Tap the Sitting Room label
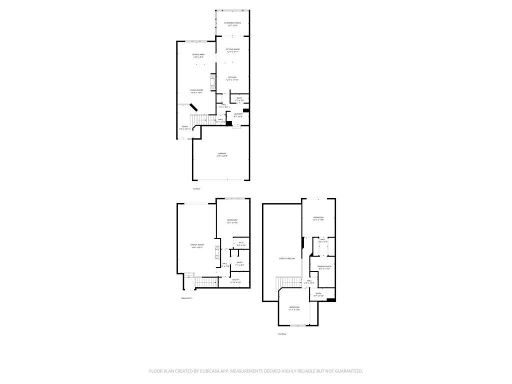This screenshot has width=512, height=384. (232, 50)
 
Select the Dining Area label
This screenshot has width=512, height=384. (198, 55)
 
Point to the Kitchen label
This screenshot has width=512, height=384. (232, 78)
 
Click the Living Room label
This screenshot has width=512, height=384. (196, 91)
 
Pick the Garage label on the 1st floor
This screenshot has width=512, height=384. (221, 154)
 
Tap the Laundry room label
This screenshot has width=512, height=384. (238, 115)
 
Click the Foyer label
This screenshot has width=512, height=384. (185, 127)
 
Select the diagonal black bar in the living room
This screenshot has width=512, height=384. (193, 107)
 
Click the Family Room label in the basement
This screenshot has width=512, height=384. (197, 246)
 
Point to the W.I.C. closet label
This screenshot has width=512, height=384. (241, 244)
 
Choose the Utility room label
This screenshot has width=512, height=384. (235, 280)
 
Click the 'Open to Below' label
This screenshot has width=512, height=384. (287, 258)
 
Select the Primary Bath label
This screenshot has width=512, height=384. (324, 267)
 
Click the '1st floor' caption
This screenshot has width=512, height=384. (196, 189)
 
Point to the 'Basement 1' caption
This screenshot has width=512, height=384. (187, 298)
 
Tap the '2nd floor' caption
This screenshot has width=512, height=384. (282, 334)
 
